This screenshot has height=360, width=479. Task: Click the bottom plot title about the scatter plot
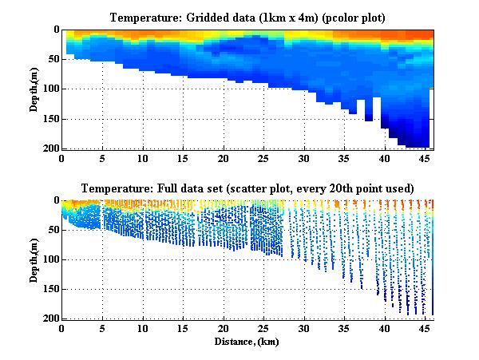click(247, 188)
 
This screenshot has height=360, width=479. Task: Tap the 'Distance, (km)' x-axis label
click(247, 341)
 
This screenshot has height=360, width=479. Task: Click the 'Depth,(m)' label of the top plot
click(34, 89)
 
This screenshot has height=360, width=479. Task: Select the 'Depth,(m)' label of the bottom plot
click(34, 259)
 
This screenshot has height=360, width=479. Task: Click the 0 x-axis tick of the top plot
click(61, 158)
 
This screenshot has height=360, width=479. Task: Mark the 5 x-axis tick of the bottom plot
click(102, 329)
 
